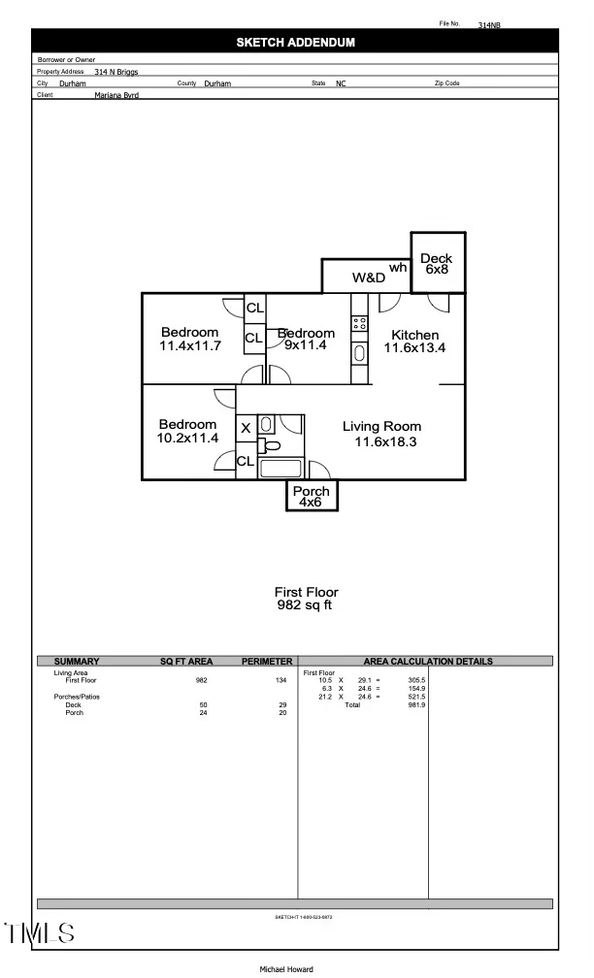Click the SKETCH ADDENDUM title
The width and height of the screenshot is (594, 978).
pyautogui.click(x=296, y=43)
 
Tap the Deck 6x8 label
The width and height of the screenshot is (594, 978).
pyautogui.click(x=436, y=264)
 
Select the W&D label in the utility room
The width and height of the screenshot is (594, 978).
pyautogui.click(x=369, y=277)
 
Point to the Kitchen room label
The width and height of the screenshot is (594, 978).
pyautogui.click(x=414, y=342)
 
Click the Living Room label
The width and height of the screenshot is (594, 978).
pyautogui.click(x=381, y=434)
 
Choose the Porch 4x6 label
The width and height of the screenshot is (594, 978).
pyautogui.click(x=312, y=497)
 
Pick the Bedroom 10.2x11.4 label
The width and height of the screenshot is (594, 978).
pyautogui.click(x=188, y=431)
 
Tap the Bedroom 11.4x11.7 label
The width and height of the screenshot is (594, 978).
pyautogui.click(x=190, y=339)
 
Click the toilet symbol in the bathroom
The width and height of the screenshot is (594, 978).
pyautogui.click(x=272, y=446)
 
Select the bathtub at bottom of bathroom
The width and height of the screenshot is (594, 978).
pyautogui.click(x=282, y=468)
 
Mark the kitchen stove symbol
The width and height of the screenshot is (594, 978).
pyautogui.click(x=359, y=322)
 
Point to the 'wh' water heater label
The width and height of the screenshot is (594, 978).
pyautogui.click(x=398, y=268)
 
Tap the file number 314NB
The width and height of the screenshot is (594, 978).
pyautogui.click(x=489, y=26)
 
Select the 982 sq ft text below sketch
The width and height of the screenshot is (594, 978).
pyautogui.click(x=306, y=605)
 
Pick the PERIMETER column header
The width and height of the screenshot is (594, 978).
pyautogui.click(x=267, y=662)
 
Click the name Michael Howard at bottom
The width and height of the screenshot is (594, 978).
pyautogui.click(x=286, y=969)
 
